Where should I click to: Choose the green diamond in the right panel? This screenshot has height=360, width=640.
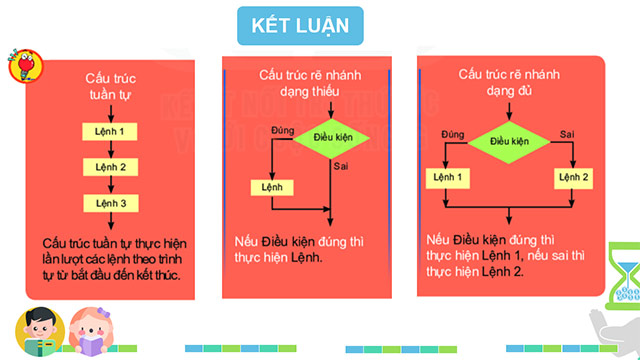point(509,141)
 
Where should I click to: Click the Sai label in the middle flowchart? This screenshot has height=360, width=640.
point(341,167)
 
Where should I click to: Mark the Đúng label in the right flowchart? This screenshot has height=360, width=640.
point(452,134)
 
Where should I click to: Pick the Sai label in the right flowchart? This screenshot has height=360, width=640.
point(566,134)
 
